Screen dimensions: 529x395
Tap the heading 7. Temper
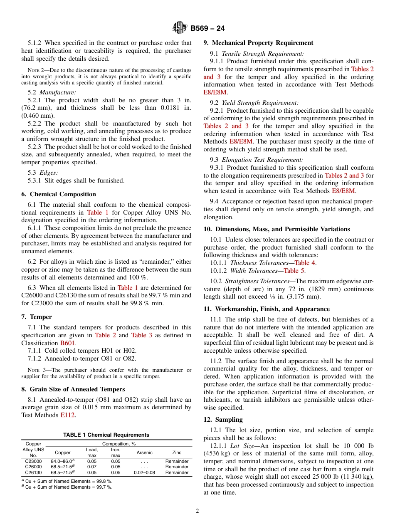[x=37, y=317]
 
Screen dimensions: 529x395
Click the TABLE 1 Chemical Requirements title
[x=106, y=435]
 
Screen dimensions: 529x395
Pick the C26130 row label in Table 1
[x=34, y=472]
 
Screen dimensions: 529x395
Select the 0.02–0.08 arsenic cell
[x=144, y=472]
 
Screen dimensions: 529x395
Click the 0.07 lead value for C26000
[x=92, y=467]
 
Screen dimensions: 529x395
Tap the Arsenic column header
[x=144, y=452]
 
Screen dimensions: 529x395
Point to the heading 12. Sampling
[x=223, y=420]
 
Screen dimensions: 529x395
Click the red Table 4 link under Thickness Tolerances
[x=305, y=263]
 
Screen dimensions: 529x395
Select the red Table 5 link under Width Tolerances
[x=294, y=271]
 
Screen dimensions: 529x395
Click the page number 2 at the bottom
[x=197, y=511]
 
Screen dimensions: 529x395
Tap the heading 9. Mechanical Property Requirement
[x=258, y=43]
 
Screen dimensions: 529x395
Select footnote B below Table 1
[x=67, y=487]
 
